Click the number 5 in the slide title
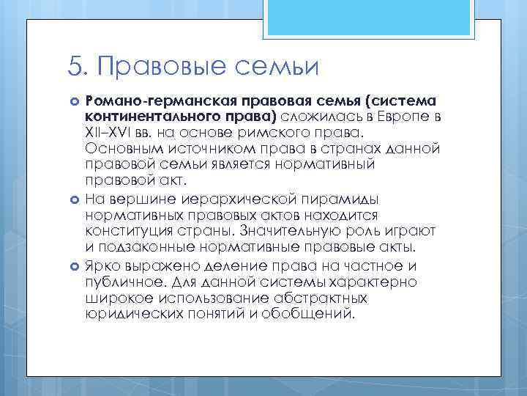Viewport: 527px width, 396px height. click(73, 67)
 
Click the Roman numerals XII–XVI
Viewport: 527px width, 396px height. click(111, 133)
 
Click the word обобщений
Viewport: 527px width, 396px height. click(315, 314)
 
